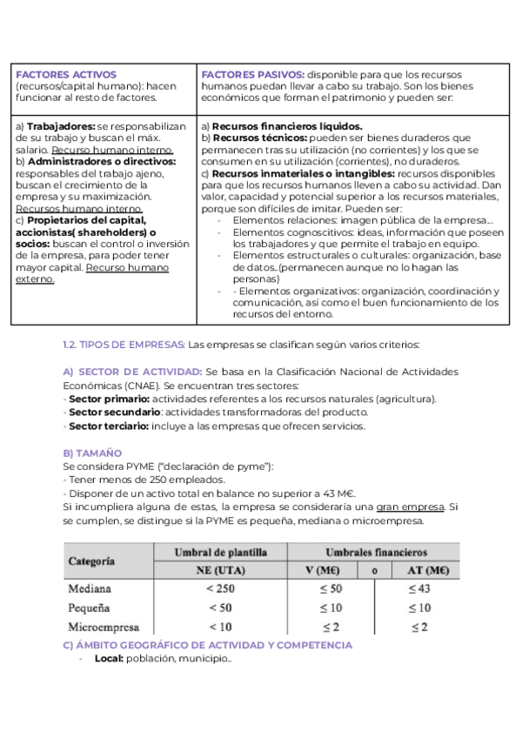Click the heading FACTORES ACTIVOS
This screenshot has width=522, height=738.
[66, 75]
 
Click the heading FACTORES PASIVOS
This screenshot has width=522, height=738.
[252, 75]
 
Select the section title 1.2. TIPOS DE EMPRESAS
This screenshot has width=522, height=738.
[124, 343]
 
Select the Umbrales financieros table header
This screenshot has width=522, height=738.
[375, 553]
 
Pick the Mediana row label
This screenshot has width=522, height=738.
[90, 589]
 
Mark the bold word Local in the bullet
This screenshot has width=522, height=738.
[108, 659]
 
